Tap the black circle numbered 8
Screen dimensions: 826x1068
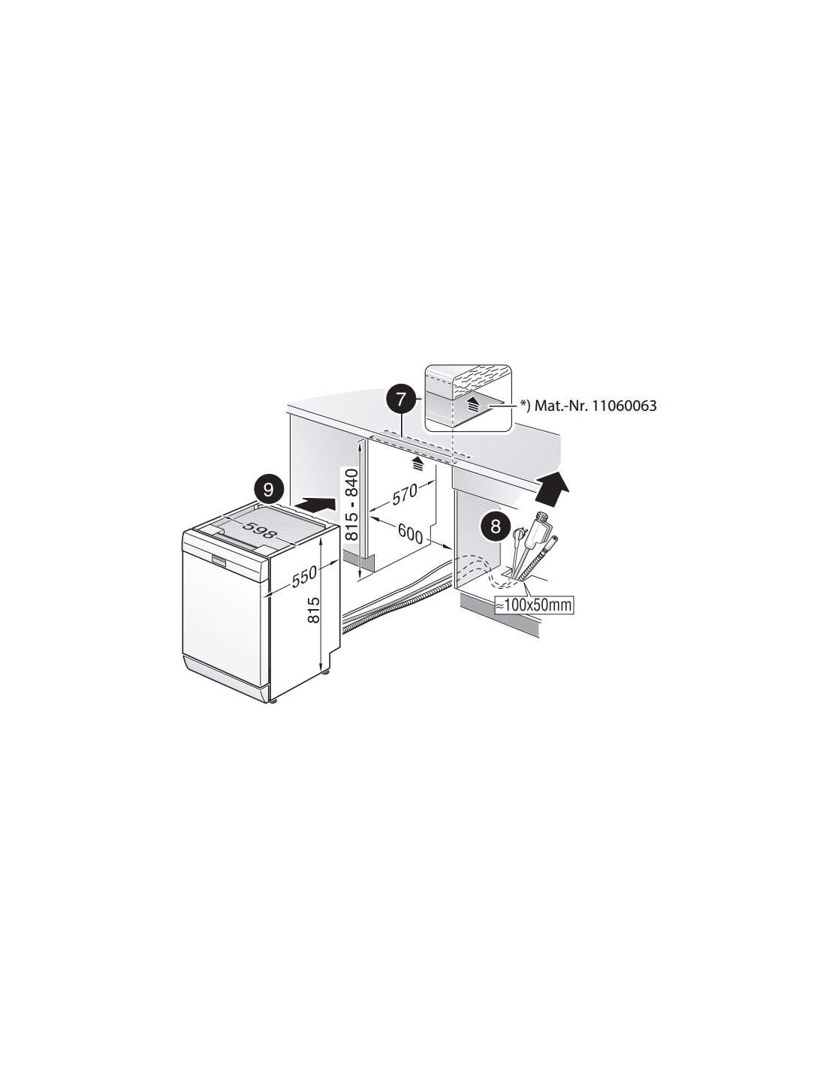[x=495, y=526]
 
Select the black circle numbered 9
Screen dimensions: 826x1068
[x=269, y=489]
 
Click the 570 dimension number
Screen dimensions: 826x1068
[x=405, y=493]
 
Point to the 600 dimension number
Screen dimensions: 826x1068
[x=410, y=533]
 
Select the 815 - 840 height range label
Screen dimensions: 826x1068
[x=351, y=504]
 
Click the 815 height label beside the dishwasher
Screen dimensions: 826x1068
[x=313, y=610]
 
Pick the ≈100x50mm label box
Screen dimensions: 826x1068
[x=534, y=605]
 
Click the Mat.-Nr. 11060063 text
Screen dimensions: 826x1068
[x=595, y=406]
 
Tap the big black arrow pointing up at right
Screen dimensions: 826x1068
[x=552, y=485]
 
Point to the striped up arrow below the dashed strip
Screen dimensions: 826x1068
[x=418, y=463]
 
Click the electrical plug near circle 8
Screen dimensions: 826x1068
[x=518, y=534]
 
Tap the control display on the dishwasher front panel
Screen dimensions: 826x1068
[x=219, y=560]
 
